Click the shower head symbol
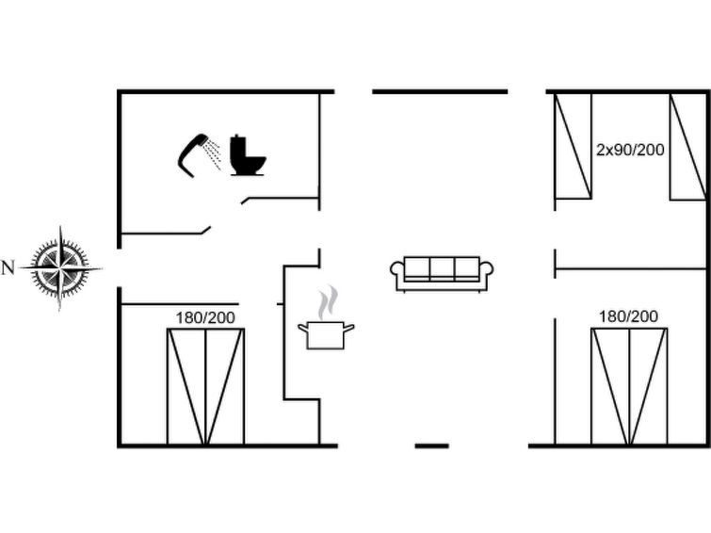(192, 153)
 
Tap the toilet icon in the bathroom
(247, 157)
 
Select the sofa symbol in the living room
(442, 272)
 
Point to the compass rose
(61, 267)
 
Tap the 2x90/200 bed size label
(630, 150)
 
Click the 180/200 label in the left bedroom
(205, 318)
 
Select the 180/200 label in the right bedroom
(628, 316)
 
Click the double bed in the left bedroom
(205, 386)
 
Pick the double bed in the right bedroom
(629, 386)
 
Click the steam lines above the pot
(326, 303)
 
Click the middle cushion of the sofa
(442, 268)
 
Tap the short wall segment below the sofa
(432, 444)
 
